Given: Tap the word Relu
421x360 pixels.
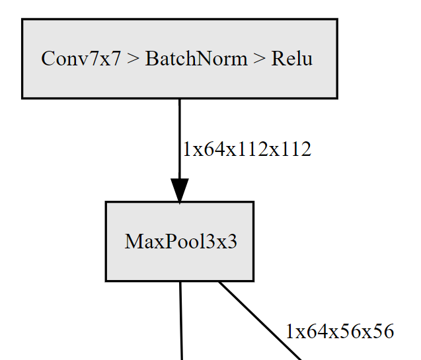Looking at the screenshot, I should pos(291,59).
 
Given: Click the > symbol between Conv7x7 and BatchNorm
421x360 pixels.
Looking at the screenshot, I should pos(133,59).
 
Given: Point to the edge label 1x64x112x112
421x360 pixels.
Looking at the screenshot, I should pos(247,149).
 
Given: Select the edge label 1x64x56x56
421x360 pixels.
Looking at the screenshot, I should pos(340,332).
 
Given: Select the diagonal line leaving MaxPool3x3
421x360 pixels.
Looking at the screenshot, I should pos(261,322).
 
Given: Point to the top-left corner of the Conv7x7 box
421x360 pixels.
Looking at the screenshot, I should pos(22,19).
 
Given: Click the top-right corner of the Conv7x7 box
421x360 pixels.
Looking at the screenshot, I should pos(337,19).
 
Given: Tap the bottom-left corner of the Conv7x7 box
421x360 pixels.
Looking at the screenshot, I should pos(22,98).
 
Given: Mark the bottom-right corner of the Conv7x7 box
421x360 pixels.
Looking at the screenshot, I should pos(337,98).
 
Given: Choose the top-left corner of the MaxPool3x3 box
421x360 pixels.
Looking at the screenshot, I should pos(106,202).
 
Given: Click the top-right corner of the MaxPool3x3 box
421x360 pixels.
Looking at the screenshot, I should pos(253,202).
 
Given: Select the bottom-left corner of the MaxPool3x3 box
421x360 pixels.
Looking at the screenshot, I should pos(106,281).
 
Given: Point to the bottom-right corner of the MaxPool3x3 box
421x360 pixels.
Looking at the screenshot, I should pos(253,281).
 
